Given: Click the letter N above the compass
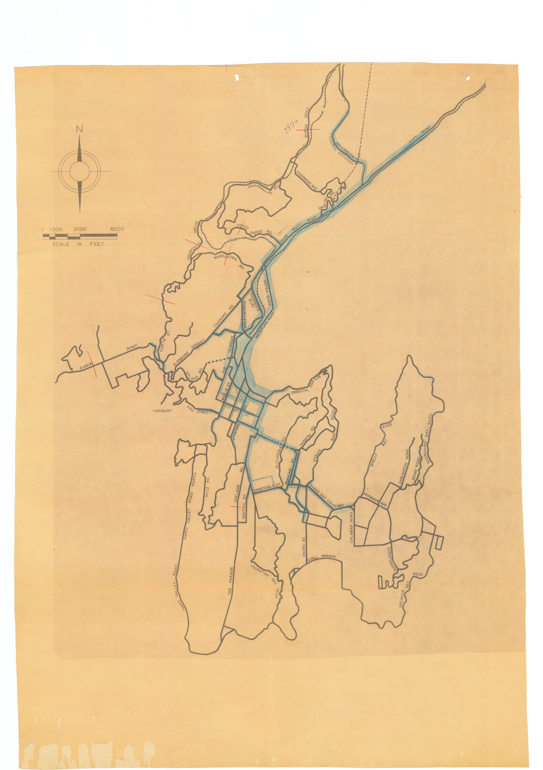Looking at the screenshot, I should tap(80, 128).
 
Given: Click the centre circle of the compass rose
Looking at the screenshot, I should tap(79, 171).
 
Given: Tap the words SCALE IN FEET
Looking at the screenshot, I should tap(78, 244).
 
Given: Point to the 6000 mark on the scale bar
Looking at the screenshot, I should tap(117, 229).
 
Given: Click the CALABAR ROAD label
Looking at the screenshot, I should tap(352, 527).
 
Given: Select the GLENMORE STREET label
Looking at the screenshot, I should tap(188, 353).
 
